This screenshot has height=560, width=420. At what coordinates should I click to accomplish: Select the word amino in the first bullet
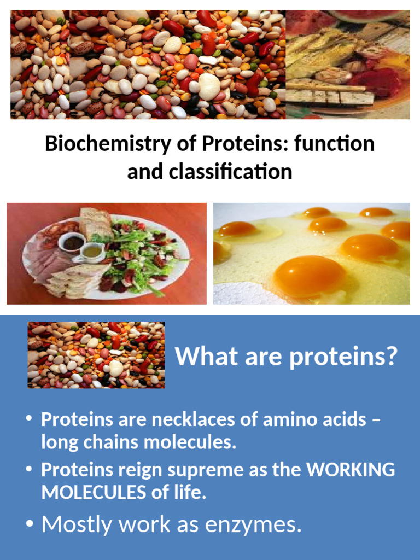[288, 419]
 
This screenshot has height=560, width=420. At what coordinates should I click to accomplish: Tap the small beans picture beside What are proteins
[96, 355]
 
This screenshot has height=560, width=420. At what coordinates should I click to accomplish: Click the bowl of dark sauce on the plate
[73, 242]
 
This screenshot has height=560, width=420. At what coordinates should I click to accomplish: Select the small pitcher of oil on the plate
[90, 252]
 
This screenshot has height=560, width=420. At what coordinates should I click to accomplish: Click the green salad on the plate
[137, 254]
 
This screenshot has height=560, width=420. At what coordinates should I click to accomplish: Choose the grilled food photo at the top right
[348, 64]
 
